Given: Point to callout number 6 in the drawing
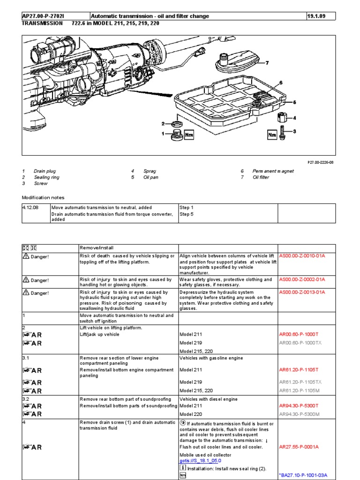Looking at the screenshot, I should [281, 82].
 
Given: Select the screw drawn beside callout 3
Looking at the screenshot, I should [283, 133].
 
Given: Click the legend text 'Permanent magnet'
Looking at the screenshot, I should [273, 171].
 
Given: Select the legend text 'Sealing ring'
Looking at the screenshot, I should [46, 178].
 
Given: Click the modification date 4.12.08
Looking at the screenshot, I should [30, 207].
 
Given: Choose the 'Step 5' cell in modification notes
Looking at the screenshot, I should [187, 214].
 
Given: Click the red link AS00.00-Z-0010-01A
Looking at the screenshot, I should [302, 256].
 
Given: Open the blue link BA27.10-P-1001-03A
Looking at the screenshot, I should [303, 475].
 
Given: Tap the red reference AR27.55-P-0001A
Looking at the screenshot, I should [299, 447].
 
